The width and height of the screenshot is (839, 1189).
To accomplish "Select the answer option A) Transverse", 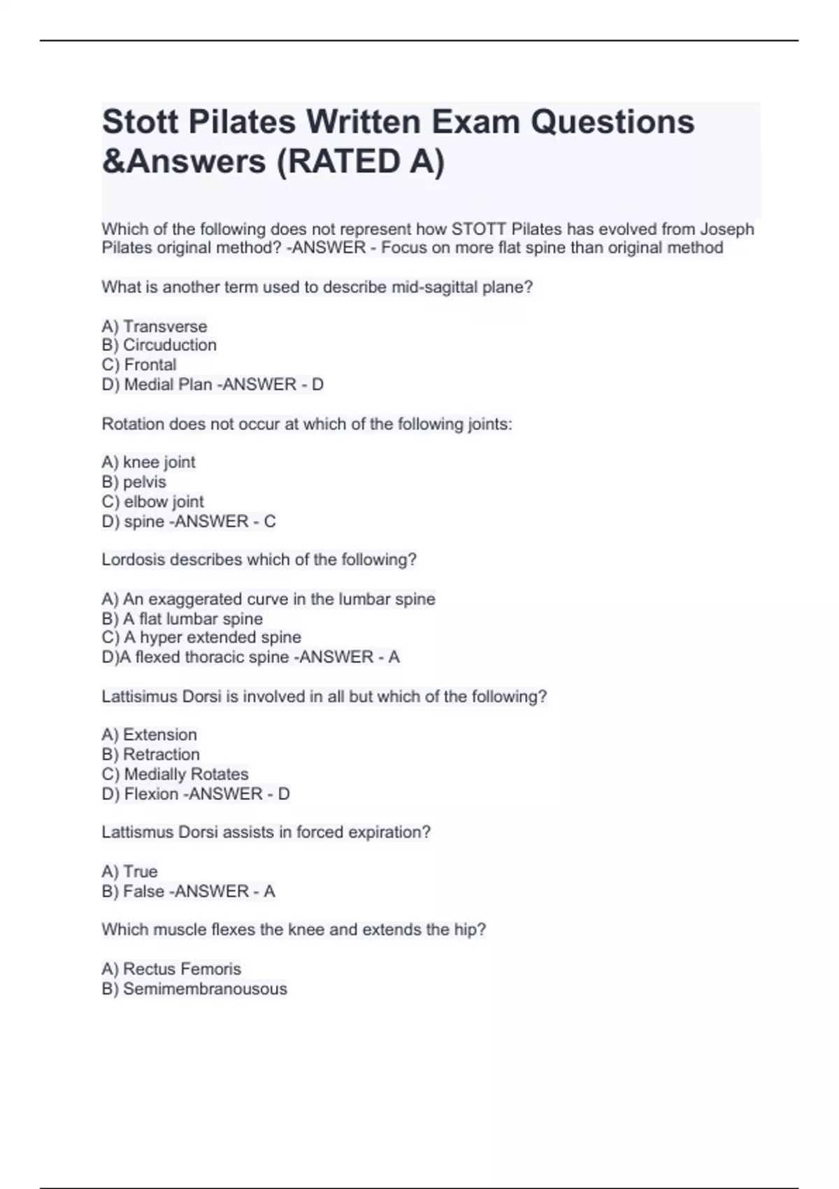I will [155, 326].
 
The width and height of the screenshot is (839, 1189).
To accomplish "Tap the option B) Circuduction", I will [159, 345].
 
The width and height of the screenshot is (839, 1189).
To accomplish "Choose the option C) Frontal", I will [139, 364].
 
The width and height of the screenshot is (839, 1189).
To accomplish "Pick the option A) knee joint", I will [148, 462].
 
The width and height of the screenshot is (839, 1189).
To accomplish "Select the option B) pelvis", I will [134, 482].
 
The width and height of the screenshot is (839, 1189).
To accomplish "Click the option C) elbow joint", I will [152, 501].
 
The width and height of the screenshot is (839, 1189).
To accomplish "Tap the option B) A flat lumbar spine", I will [182, 618].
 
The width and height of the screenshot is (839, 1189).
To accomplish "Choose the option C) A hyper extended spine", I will [201, 637].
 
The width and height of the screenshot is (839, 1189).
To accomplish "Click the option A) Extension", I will [149, 734].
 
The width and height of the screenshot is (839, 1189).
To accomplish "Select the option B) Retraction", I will [150, 754].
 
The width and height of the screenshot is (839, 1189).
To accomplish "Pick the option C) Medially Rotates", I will [175, 774].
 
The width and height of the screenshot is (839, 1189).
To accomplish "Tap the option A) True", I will [129, 871].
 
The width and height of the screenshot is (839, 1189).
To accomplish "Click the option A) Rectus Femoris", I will [171, 969].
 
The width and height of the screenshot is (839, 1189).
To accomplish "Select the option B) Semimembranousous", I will [194, 988].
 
